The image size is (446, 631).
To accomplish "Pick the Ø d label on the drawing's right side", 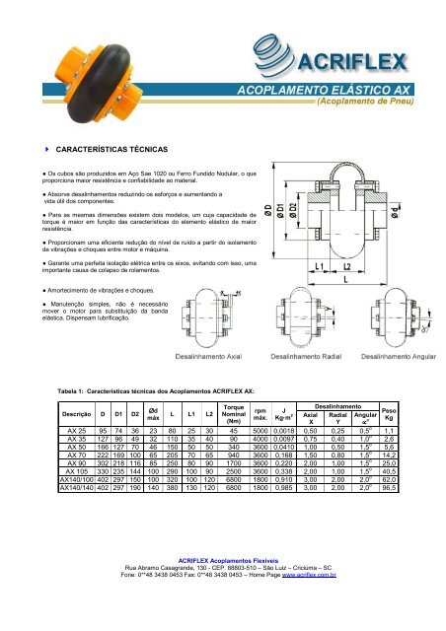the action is tap(422, 210).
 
